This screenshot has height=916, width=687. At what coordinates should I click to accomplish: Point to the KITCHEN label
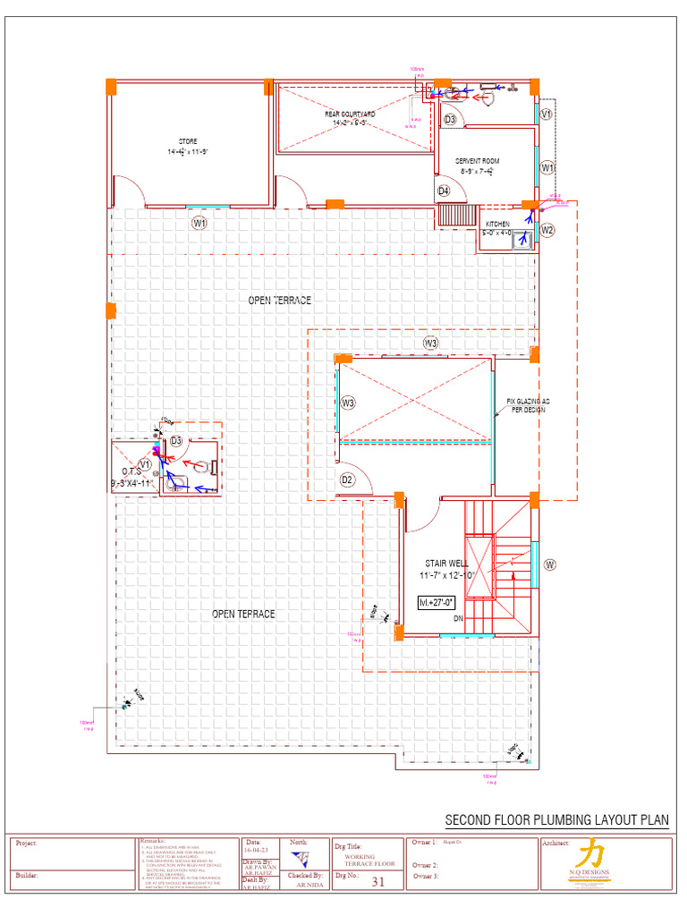click(497, 224)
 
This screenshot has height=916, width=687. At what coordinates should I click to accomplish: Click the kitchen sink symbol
click(521, 238)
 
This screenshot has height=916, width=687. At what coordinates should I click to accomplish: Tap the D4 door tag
click(444, 191)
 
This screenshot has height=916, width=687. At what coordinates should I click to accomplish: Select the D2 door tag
click(347, 480)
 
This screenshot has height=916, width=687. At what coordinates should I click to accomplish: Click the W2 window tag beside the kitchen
click(547, 230)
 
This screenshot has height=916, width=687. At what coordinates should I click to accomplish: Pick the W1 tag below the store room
click(199, 223)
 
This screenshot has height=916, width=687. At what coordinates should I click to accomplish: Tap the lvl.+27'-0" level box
click(437, 603)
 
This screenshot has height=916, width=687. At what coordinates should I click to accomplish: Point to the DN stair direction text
click(458, 618)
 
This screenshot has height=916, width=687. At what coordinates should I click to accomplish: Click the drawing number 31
click(377, 881)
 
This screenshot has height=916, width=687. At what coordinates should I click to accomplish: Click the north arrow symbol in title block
click(304, 860)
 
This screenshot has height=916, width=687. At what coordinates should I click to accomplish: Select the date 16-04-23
click(255, 851)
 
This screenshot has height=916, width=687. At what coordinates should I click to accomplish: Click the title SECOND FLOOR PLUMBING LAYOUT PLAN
click(556, 820)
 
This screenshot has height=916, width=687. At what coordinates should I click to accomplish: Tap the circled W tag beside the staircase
click(550, 564)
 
